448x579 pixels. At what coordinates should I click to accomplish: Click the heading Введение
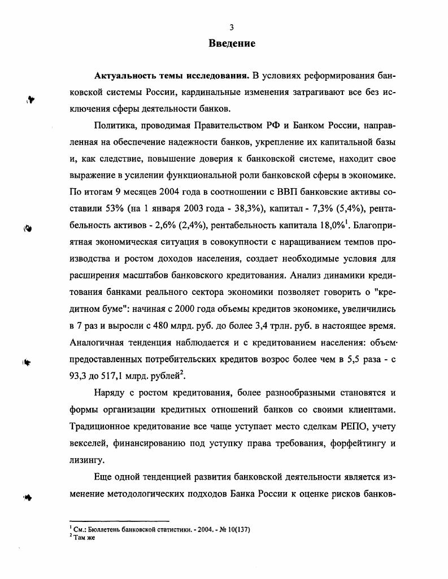click(232, 43)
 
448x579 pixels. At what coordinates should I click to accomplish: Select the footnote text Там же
click(83, 537)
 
